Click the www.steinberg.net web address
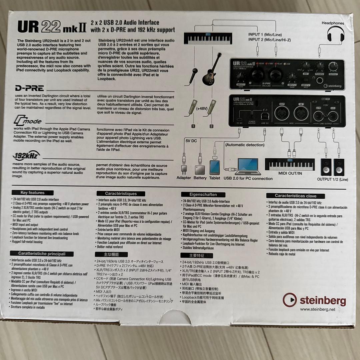[317, 310]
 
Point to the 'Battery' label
[200, 178]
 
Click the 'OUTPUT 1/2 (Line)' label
[332, 179]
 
